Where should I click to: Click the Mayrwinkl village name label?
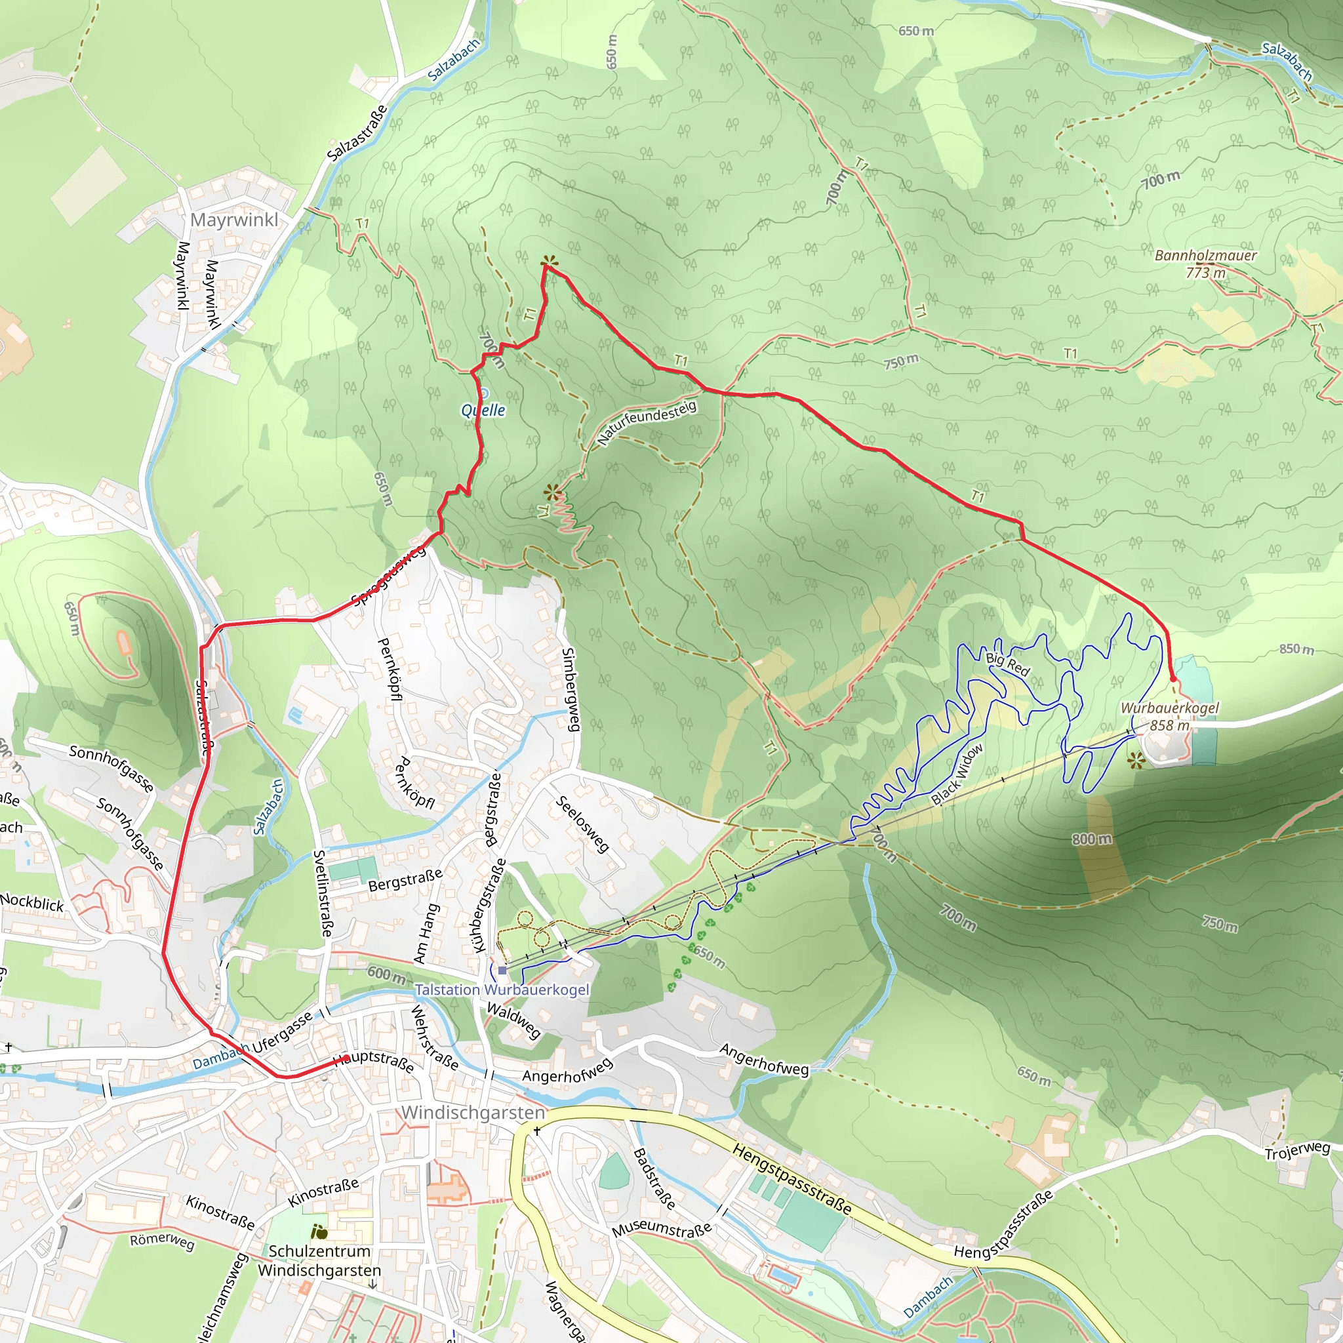[x=234, y=220]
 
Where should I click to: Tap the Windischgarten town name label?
[x=473, y=1113]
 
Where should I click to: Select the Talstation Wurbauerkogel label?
[x=502, y=990]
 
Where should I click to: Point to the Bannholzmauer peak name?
[x=1205, y=255]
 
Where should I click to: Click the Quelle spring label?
[x=483, y=410]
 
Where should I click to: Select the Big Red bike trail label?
[x=1007, y=664]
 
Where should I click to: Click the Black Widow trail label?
[x=957, y=774]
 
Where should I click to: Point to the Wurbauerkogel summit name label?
[x=1170, y=708]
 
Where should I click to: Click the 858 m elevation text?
[x=1170, y=725]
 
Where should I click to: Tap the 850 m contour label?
[x=1296, y=649]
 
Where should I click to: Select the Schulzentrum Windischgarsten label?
[x=319, y=1260]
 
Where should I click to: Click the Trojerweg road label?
[x=1297, y=1150]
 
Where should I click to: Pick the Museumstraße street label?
[x=662, y=1230]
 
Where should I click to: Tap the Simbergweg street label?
[x=569, y=690]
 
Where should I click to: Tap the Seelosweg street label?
[x=582, y=824]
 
